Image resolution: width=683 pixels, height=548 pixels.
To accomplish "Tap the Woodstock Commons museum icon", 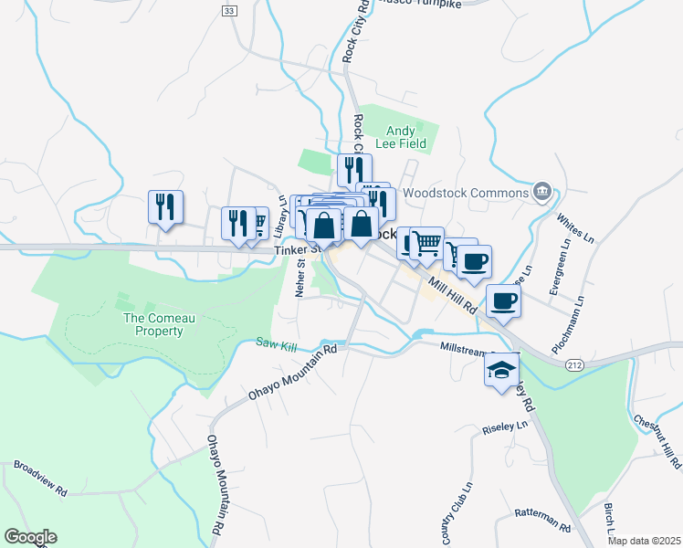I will (x=542, y=192).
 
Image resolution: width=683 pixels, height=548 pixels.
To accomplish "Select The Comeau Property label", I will (x=153, y=323).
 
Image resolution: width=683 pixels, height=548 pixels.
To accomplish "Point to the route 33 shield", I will (x=227, y=10).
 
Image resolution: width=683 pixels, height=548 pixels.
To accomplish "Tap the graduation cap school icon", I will (x=499, y=370).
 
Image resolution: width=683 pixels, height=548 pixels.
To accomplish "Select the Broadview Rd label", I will (x=40, y=478).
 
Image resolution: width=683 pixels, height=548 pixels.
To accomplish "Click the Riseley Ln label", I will (x=505, y=427).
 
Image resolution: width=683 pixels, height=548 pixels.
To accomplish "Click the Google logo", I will (x=30, y=537).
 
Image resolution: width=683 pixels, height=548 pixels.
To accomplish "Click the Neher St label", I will (x=299, y=278).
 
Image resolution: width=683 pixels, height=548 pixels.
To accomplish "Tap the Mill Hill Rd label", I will (x=451, y=295).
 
